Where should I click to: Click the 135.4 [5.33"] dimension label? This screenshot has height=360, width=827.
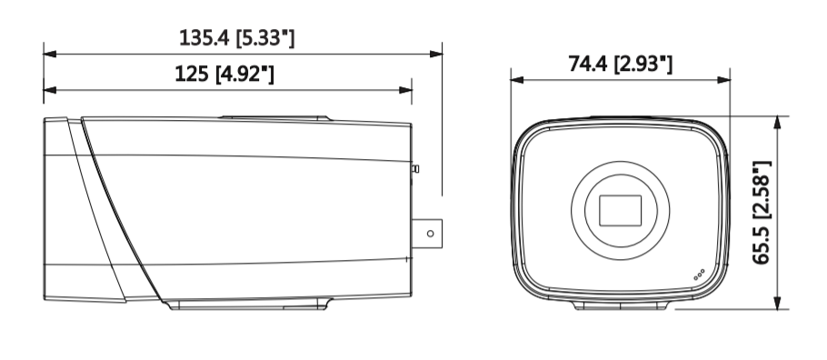click(x=237, y=38)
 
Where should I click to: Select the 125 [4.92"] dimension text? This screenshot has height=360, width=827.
click(x=224, y=74)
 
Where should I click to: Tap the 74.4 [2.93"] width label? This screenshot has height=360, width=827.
click(x=620, y=64)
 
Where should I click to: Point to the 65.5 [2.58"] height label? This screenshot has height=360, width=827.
click(x=762, y=212)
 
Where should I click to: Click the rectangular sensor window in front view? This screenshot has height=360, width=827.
click(x=620, y=211)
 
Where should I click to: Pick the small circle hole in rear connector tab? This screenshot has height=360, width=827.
click(x=431, y=234)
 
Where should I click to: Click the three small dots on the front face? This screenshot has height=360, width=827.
click(x=699, y=275)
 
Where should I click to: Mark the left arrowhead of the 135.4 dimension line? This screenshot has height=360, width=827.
click(x=50, y=54)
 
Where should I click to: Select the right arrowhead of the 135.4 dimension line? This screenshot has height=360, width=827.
click(x=435, y=54)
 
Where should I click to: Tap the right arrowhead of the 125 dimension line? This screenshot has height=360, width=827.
click(x=405, y=90)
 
